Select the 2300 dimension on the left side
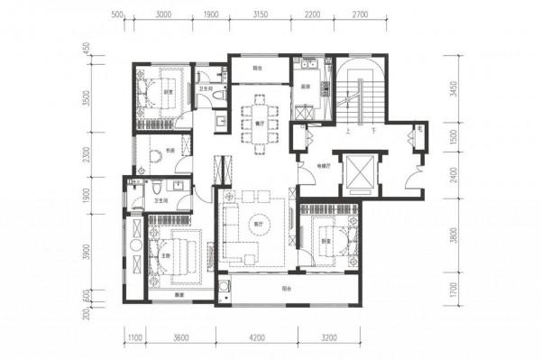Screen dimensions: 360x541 (x=87, y=155)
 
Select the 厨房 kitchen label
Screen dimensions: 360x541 (x=306, y=88)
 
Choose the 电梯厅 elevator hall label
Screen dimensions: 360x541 (x=322, y=166)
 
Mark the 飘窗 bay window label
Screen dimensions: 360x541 (x=167, y=294)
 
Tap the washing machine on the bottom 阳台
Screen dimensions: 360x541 (x=222, y=291)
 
